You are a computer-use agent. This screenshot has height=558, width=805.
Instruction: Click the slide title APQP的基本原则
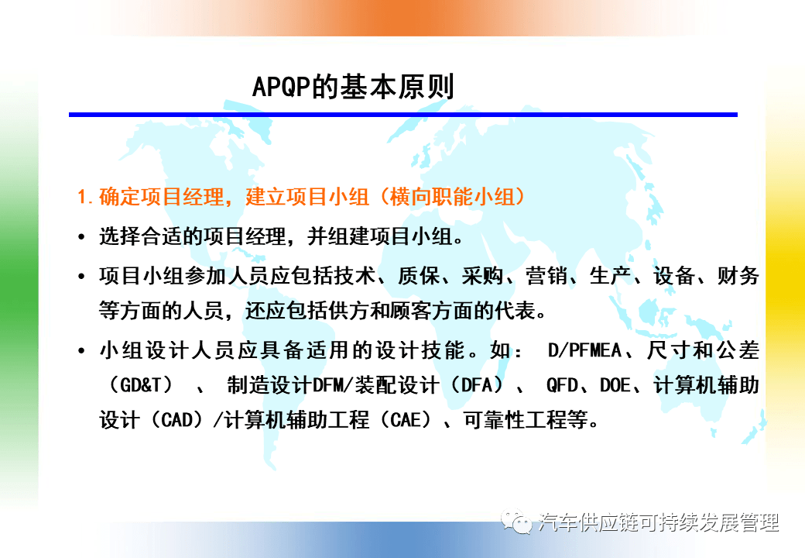point(353,86)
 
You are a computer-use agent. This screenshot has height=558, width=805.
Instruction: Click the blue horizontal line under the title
point(403,115)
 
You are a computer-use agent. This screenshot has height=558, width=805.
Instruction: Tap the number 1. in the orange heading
point(85,197)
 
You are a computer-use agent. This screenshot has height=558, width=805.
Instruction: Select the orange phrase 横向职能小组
point(452,197)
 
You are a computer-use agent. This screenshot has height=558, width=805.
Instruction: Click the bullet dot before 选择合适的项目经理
point(81,237)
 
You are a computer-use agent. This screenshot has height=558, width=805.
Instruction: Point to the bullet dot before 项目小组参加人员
point(81,277)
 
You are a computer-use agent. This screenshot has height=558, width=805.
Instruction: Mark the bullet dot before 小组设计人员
point(81,351)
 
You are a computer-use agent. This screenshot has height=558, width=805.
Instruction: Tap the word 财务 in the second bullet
point(738,276)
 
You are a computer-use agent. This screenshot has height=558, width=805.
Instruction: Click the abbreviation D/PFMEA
point(584,350)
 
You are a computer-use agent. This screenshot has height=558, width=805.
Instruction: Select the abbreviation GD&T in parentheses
point(141,385)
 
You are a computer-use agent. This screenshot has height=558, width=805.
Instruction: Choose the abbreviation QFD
point(562,385)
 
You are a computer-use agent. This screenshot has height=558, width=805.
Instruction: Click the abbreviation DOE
point(615,385)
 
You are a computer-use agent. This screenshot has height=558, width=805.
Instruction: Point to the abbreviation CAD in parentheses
point(177,420)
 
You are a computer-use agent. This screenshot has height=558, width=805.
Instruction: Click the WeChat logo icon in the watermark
point(516,522)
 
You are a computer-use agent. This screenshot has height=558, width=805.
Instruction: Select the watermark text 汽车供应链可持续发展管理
point(659,522)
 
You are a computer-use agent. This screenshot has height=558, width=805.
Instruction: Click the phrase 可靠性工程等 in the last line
point(526,420)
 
